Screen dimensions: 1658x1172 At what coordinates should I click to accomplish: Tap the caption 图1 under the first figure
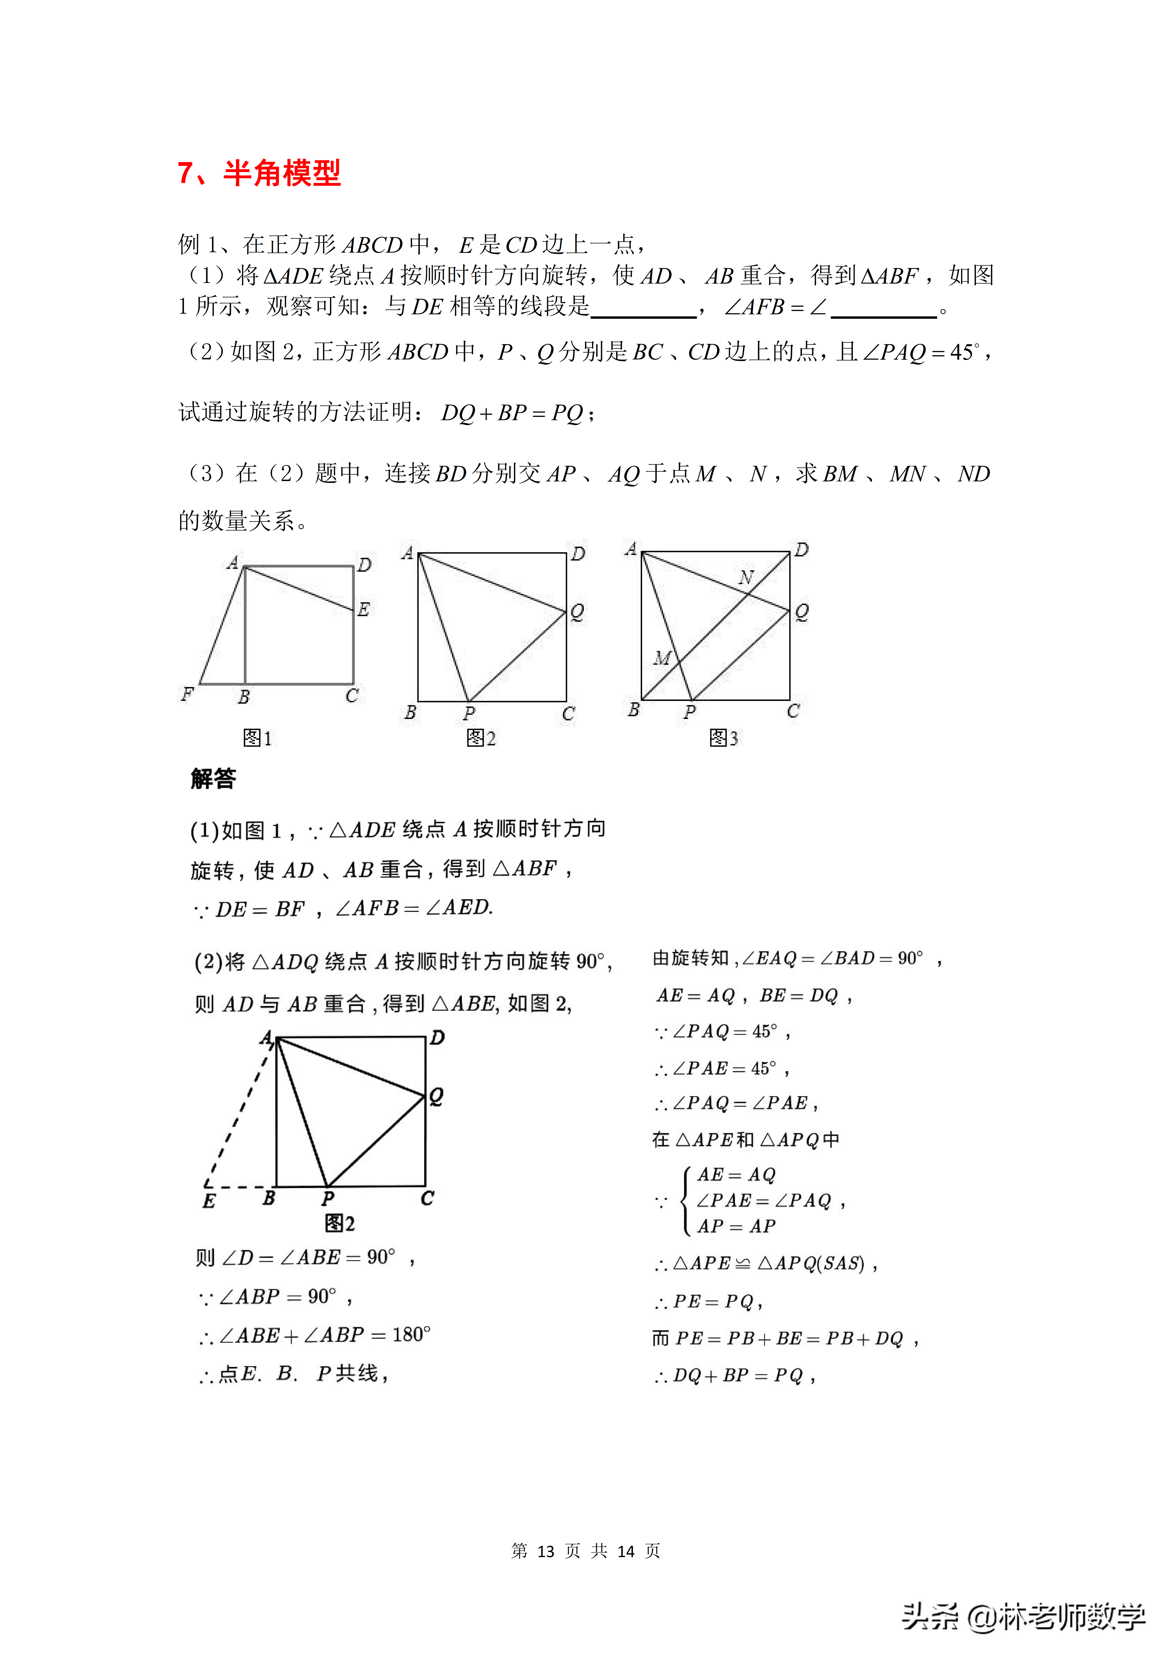click(257, 738)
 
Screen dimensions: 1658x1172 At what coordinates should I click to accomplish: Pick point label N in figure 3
click(746, 578)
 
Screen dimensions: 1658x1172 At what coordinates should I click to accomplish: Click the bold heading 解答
click(213, 778)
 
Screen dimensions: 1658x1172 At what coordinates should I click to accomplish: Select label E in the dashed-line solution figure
click(209, 1201)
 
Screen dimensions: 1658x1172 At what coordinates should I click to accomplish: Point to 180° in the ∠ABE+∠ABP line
click(412, 1334)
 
